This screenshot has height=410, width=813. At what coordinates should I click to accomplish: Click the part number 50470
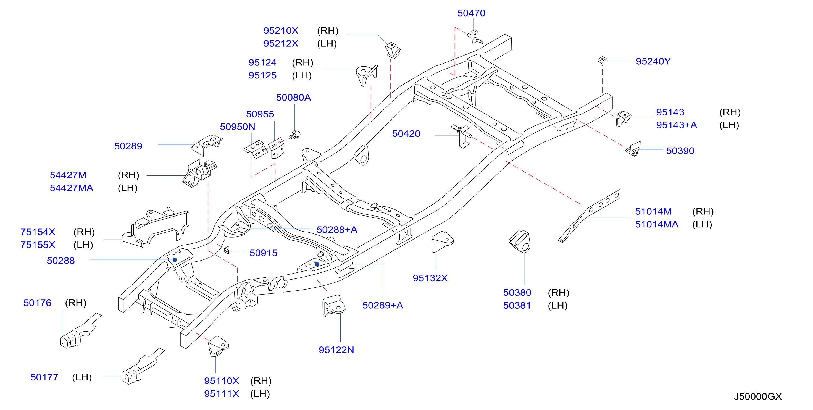pos(471,13)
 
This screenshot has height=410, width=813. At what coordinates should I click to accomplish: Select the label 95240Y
pos(653,61)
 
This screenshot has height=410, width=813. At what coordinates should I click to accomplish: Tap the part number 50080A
pos(293,98)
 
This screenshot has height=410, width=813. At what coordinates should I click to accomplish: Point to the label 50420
pos(406,134)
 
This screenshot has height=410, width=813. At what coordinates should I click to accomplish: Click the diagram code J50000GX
pos(757,396)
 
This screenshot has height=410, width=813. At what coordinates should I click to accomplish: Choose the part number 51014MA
pos(656,224)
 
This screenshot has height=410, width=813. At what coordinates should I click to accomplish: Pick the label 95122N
pos(336,350)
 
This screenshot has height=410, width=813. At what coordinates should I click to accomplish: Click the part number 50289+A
pos(383,306)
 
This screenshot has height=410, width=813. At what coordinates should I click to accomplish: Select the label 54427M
pos(68,175)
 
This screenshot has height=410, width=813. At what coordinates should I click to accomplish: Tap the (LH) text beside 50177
pos(82,377)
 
